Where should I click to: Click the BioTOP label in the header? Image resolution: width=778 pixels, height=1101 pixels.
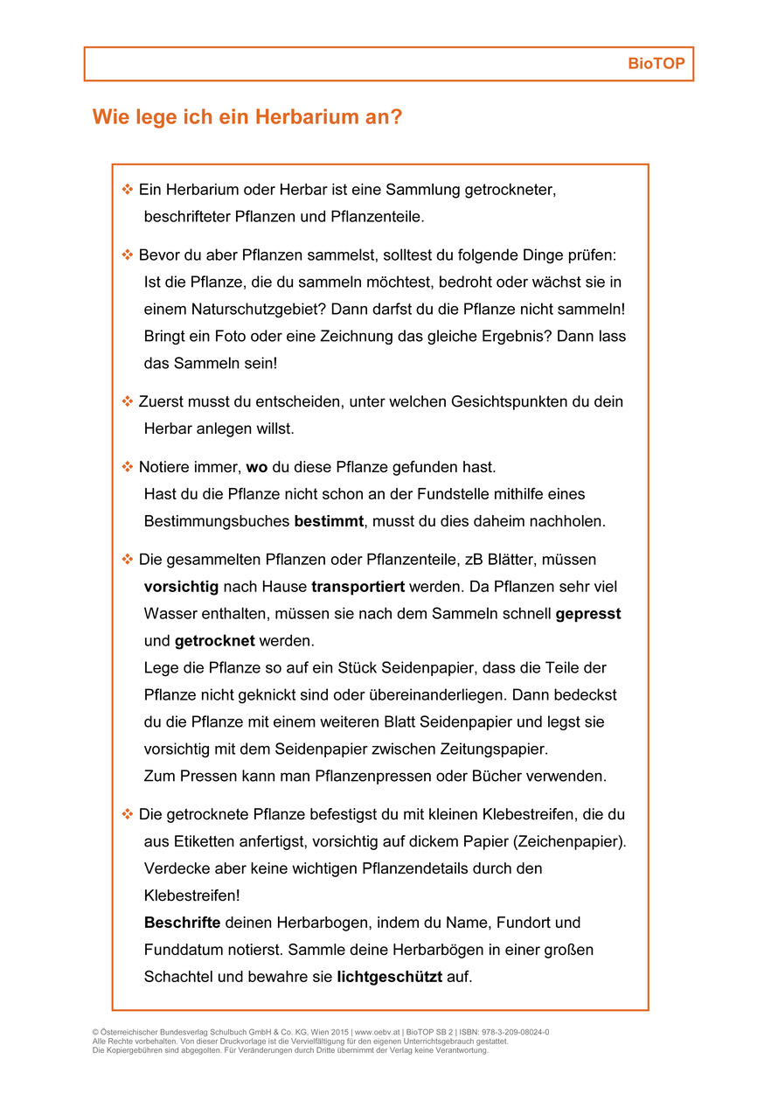[x=656, y=64]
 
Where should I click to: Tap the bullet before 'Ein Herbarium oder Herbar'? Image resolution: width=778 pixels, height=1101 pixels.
[x=127, y=189]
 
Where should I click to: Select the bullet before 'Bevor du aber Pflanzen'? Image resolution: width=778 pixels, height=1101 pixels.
[x=127, y=254]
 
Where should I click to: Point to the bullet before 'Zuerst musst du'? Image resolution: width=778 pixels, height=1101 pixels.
[x=127, y=401]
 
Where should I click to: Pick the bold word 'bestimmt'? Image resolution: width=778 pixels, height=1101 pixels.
[x=329, y=522]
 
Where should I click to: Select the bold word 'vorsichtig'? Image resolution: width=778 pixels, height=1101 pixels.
[x=181, y=587]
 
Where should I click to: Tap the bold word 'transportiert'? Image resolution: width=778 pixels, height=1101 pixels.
[x=359, y=587]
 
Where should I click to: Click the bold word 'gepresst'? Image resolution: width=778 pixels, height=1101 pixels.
[x=588, y=614]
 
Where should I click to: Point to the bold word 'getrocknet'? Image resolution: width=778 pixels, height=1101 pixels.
[x=214, y=641]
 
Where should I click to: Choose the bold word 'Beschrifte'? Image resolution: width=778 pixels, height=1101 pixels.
[x=182, y=923]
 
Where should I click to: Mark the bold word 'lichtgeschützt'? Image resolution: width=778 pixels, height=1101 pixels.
[x=389, y=977]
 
